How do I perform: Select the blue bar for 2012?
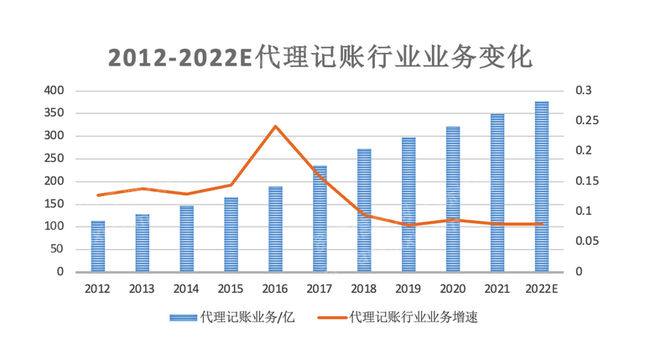(x=98, y=247)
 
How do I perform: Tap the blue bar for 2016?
(x=275, y=229)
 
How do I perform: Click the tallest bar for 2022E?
(x=542, y=186)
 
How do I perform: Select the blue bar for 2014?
(x=186, y=239)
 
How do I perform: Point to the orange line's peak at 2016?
(x=275, y=127)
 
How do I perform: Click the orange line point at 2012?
(x=98, y=195)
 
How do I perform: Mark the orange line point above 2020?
(x=453, y=220)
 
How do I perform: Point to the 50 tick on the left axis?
(x=55, y=249)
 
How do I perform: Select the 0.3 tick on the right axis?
(x=583, y=91)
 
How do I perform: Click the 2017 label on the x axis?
(x=320, y=289)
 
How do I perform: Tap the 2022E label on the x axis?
(x=542, y=289)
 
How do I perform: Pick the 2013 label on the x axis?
(x=142, y=289)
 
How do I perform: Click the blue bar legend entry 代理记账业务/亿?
(x=232, y=317)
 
